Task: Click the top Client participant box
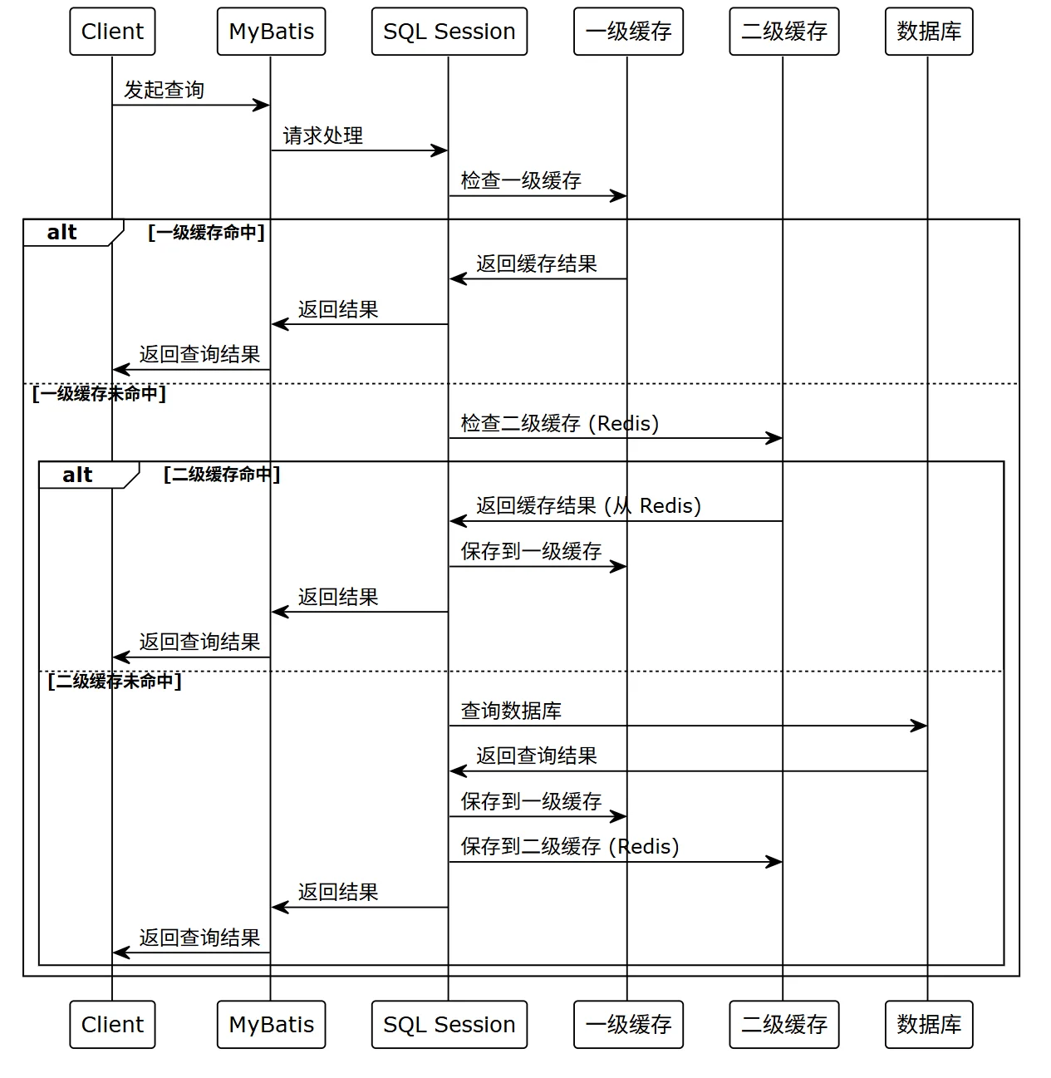[x=112, y=31]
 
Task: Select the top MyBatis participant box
[x=272, y=31]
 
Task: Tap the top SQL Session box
[x=449, y=31]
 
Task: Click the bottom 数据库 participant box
[x=929, y=1024]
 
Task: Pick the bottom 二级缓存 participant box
[x=784, y=1024]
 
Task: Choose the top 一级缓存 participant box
[x=628, y=31]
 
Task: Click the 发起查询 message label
[x=164, y=90]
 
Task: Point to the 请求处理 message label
[x=323, y=135]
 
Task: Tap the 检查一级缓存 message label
[x=521, y=180]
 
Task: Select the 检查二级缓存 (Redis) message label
[x=560, y=423]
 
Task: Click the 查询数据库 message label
[x=511, y=711]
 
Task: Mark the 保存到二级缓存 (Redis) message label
[x=570, y=846]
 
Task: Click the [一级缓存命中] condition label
[x=207, y=232]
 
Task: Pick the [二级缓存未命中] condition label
[x=115, y=681]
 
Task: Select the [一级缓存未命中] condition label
[x=99, y=394]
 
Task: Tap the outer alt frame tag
[x=72, y=233]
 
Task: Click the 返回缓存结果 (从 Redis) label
[x=588, y=506]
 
